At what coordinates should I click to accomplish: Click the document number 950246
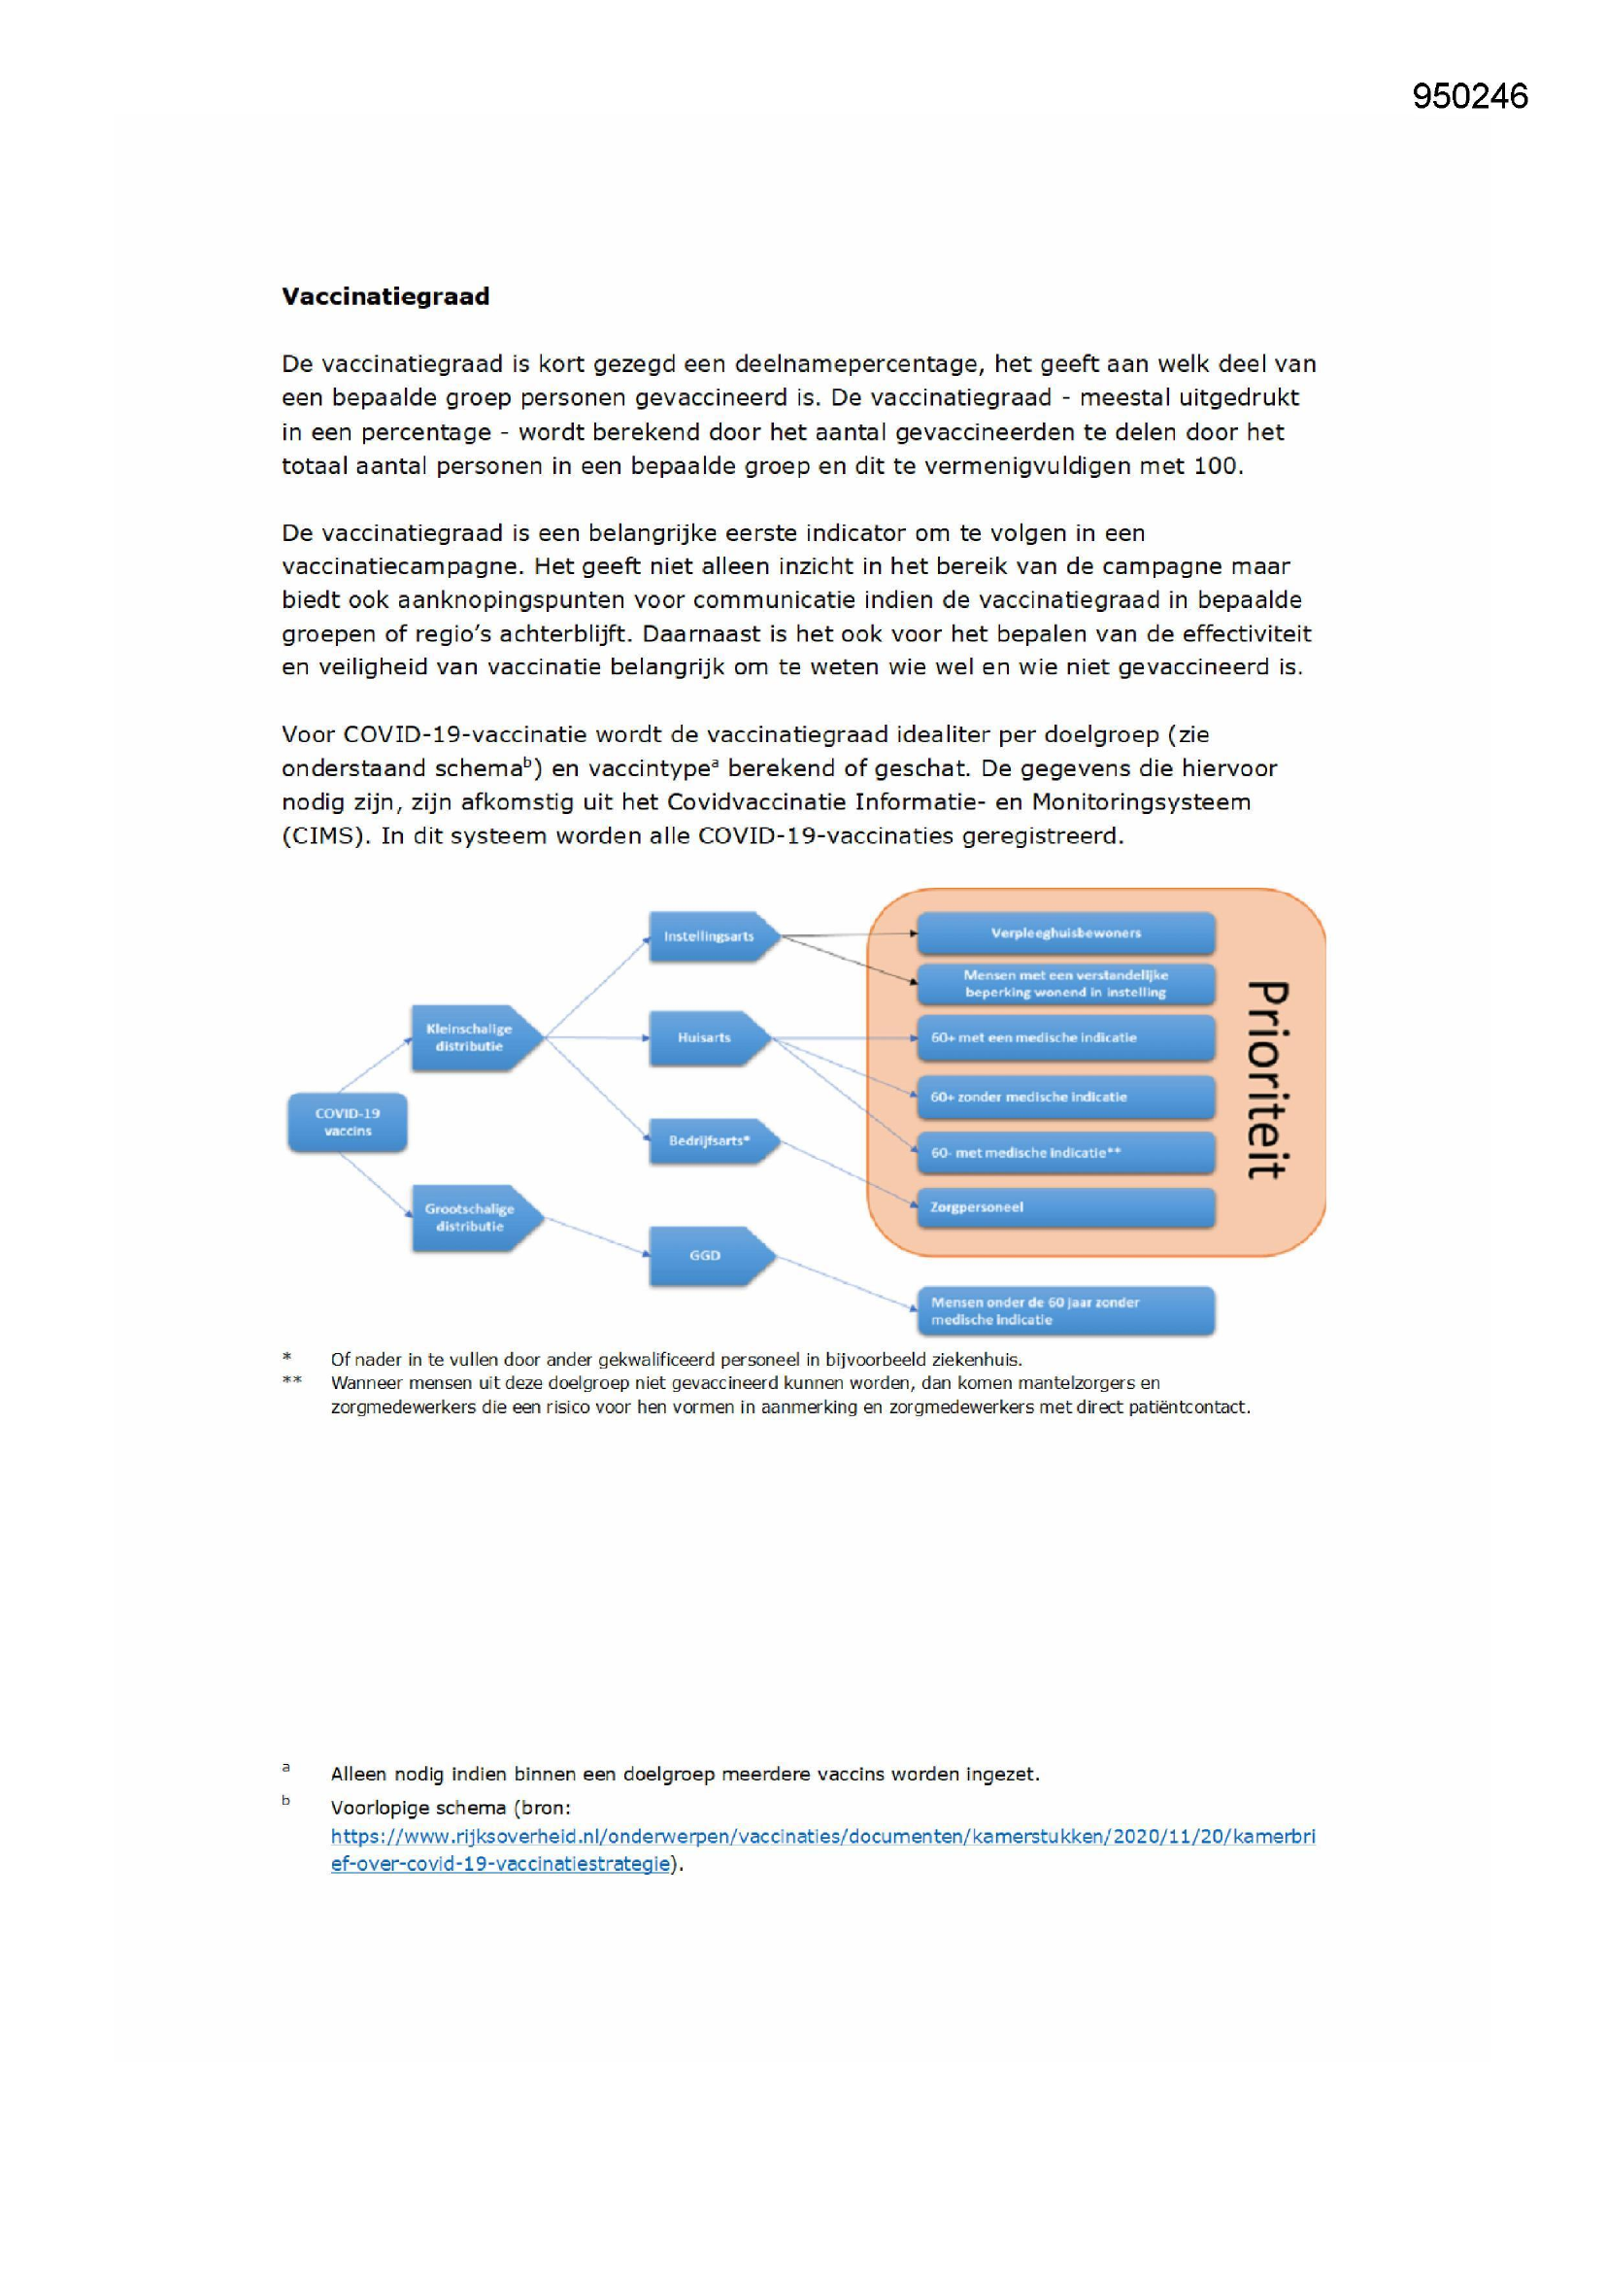pyautogui.click(x=1469, y=96)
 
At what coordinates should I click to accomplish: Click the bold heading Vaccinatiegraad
pyautogui.click(x=385, y=296)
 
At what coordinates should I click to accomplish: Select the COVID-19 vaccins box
pyautogui.click(x=347, y=1123)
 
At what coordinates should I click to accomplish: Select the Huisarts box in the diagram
pyautogui.click(x=706, y=1037)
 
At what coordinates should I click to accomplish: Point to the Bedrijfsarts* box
pyautogui.click(x=711, y=1140)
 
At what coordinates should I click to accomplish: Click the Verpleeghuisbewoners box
pyautogui.click(x=1065, y=932)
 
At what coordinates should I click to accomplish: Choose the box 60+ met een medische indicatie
pyautogui.click(x=1065, y=1037)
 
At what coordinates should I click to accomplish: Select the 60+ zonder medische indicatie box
pyautogui.click(x=1065, y=1097)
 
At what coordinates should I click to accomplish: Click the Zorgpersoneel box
pyautogui.click(x=1065, y=1206)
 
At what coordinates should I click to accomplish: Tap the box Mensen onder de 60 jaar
pyautogui.click(x=1065, y=1310)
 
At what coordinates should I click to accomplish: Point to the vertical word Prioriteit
pyautogui.click(x=1267, y=1079)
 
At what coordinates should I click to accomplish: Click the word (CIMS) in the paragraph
pyautogui.click(x=325, y=835)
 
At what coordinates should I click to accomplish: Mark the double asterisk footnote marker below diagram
pyautogui.click(x=291, y=1381)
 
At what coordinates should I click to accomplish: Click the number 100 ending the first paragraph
pyautogui.click(x=1216, y=466)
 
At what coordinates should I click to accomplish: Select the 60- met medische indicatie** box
pyautogui.click(x=1065, y=1152)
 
